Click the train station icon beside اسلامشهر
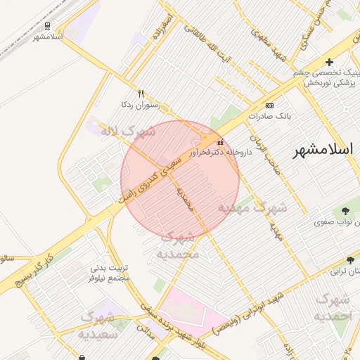click(47, 25)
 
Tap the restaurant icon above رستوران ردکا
click(141, 94)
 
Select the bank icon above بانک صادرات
click(271, 103)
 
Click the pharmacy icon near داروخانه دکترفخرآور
click(221, 141)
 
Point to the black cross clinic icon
click(329, 63)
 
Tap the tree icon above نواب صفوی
click(346, 211)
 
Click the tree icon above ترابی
click(350, 260)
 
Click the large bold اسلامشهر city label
click(325, 150)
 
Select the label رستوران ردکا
click(141, 105)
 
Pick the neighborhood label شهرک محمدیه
click(178, 245)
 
